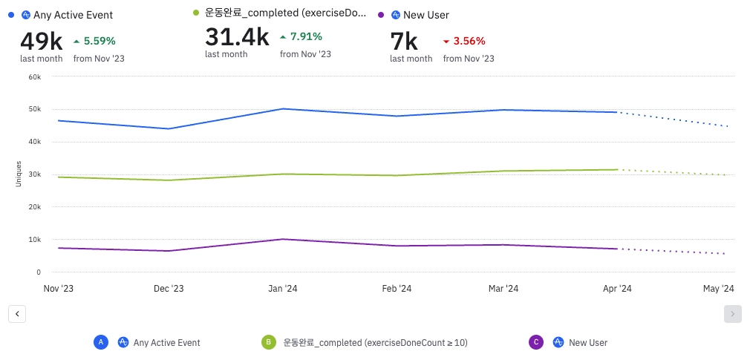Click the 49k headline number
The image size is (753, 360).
pyautogui.click(x=41, y=42)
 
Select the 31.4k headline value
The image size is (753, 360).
pyautogui.click(x=237, y=37)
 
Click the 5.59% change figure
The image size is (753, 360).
pyautogui.click(x=100, y=41)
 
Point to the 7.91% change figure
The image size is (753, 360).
pyautogui.click(x=306, y=36)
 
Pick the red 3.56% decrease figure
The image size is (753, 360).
pyautogui.click(x=469, y=41)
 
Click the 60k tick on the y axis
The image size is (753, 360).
pyautogui.click(x=34, y=76)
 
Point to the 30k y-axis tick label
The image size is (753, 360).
pyautogui.click(x=34, y=174)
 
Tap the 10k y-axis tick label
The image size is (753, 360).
pyautogui.click(x=34, y=240)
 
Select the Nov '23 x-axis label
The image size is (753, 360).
pyautogui.click(x=58, y=289)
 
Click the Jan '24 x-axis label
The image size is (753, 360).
pyautogui.click(x=283, y=289)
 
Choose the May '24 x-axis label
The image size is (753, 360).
pyautogui.click(x=718, y=289)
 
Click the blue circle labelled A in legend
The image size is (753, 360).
pyautogui.click(x=102, y=342)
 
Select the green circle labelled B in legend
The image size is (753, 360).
pyautogui.click(x=267, y=342)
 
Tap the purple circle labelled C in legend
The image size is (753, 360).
pyautogui.click(x=536, y=342)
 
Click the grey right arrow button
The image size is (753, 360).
pyautogui.click(x=732, y=314)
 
